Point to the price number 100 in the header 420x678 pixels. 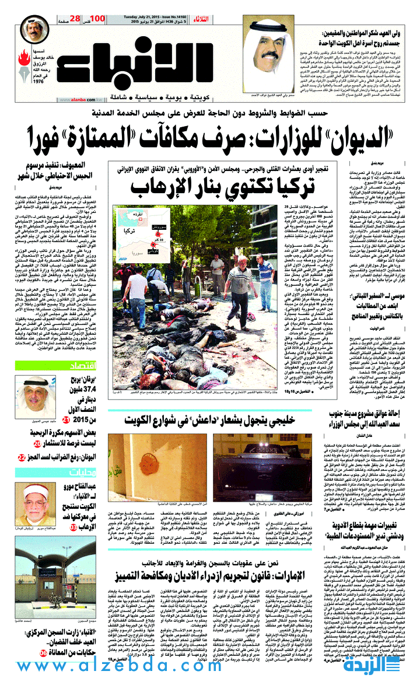[98, 20]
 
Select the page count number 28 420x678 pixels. [74, 20]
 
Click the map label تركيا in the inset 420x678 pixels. [130, 230]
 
